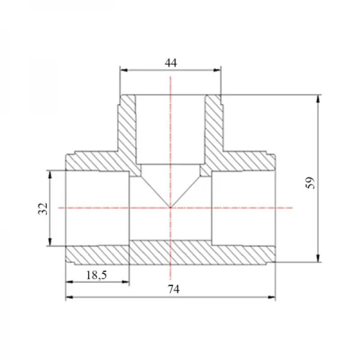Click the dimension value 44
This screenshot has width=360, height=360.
(x=171, y=62)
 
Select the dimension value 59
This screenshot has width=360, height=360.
(x=310, y=183)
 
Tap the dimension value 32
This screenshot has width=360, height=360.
(x=43, y=209)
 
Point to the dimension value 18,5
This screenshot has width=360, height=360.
(x=97, y=275)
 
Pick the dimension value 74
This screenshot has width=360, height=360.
(x=173, y=289)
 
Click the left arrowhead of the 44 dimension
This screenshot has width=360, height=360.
(x=124, y=70)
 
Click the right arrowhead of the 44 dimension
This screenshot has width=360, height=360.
(x=217, y=70)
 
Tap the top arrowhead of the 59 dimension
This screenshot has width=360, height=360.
(x=318, y=99)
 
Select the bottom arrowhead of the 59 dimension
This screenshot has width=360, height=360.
(x=318, y=258)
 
